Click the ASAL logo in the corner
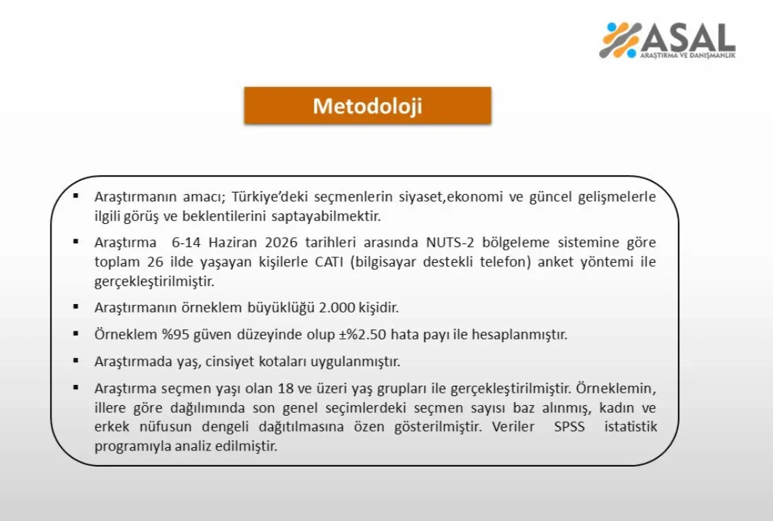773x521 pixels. pyautogui.click(x=667, y=40)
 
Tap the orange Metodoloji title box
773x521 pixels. pyautogui.click(x=368, y=105)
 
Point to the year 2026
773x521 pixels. pyautogui.click(x=281, y=242)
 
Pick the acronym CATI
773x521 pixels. pyautogui.click(x=329, y=262)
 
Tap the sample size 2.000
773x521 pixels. pyautogui.click(x=337, y=308)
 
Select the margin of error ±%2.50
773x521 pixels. pyautogui.click(x=362, y=334)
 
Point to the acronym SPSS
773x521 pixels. pyautogui.click(x=569, y=426)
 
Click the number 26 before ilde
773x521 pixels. pyautogui.click(x=155, y=262)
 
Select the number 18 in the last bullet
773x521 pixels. pyautogui.click(x=286, y=388)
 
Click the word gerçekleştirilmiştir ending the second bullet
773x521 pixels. pyautogui.click(x=154, y=282)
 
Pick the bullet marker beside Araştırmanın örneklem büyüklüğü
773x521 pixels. pyautogui.click(x=76, y=306)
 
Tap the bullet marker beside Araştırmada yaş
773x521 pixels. pyautogui.click(x=76, y=361)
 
